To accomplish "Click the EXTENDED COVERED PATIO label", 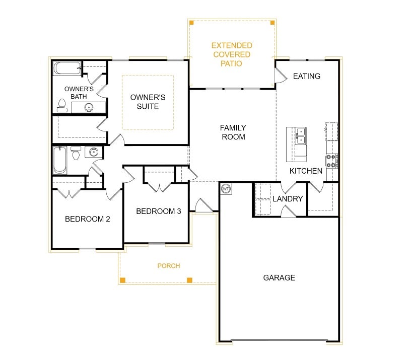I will (231, 54).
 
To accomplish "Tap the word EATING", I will (306, 76).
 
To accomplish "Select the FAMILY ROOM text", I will (233, 132).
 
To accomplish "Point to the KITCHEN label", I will (306, 171).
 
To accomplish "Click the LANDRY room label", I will (288, 199).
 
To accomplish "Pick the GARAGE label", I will (279, 277).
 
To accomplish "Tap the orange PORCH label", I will (168, 266).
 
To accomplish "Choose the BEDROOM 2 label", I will (88, 219).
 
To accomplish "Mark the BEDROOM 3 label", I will (158, 211).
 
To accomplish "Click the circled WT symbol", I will (226, 189).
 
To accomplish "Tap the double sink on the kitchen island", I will (301, 135).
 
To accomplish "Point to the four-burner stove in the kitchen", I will (331, 161).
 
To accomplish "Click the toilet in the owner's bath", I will (62, 105).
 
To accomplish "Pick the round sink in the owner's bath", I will (89, 107).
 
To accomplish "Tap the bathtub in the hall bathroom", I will (59, 160).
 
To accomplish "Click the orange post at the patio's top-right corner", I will (273, 23).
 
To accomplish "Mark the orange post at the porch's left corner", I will (122, 279).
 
